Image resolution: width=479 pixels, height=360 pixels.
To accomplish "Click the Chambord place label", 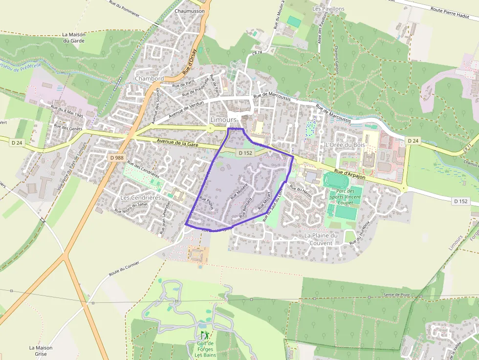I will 149,78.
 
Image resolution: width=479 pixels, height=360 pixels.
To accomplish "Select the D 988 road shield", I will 117,158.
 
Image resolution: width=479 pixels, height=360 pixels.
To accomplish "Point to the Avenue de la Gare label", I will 179,142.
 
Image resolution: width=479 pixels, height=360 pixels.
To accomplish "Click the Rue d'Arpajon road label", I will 350,172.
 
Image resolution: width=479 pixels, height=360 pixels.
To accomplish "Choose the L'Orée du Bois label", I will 345,145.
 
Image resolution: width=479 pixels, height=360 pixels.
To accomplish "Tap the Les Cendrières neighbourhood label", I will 140,197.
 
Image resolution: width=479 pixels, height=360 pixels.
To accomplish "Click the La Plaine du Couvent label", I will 321,239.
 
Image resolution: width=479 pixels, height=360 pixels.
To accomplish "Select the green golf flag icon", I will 204,335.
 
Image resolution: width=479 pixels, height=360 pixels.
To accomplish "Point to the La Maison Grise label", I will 41,351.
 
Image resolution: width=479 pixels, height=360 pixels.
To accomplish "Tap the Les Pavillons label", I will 328,9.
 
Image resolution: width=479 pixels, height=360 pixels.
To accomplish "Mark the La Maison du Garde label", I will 74,38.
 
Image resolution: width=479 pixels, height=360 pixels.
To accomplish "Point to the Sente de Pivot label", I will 395,295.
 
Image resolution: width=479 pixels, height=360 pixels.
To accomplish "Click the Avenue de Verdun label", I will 186,108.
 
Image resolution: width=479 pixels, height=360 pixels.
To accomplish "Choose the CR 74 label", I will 258,52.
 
